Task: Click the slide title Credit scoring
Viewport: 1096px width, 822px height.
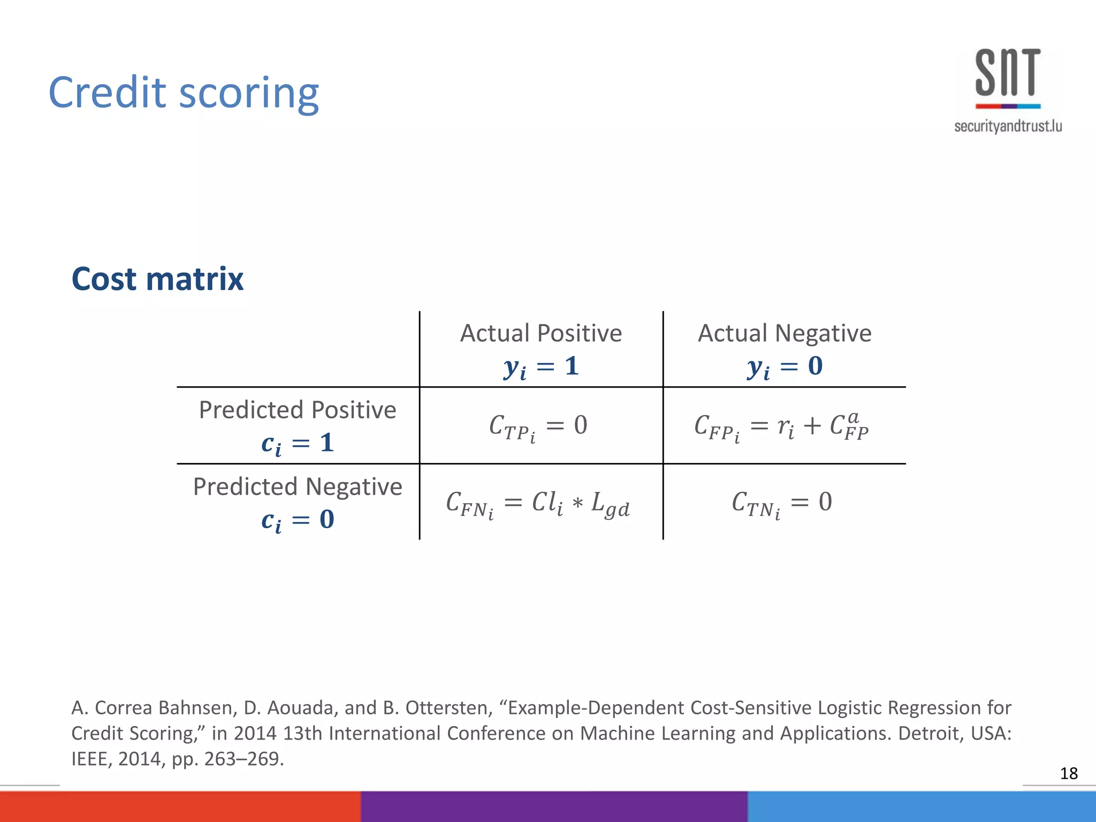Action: click(184, 93)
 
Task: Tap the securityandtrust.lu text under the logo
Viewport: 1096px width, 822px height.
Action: click(1008, 126)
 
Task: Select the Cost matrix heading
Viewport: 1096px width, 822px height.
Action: click(157, 279)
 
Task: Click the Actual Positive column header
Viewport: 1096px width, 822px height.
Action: click(541, 333)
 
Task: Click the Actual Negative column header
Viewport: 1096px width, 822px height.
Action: click(785, 333)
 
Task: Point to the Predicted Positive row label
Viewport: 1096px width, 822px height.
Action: click(298, 410)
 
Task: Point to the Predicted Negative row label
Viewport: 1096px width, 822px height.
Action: click(298, 487)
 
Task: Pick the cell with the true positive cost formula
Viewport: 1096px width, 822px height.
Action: click(538, 427)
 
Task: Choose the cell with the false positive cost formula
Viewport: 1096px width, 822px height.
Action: click(781, 427)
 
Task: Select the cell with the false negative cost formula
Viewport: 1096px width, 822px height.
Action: click(538, 504)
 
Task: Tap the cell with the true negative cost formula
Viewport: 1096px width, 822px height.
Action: click(782, 503)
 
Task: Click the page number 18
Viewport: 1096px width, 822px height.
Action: click(1069, 773)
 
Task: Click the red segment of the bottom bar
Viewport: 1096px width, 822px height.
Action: click(180, 806)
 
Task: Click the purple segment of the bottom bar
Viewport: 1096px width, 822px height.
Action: click(554, 806)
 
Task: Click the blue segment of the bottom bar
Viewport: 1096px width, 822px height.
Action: click(921, 806)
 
